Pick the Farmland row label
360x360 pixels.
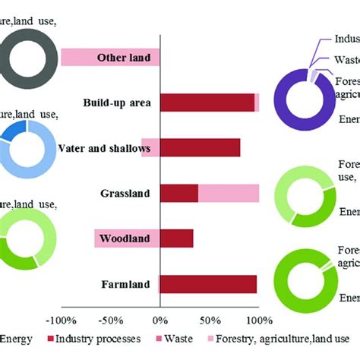(x=127, y=285)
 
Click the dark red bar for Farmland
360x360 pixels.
(x=208, y=285)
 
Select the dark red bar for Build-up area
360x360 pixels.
(x=207, y=103)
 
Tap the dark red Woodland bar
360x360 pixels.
(x=176, y=239)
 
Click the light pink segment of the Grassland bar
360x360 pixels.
(x=228, y=194)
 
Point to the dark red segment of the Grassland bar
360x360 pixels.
(x=179, y=194)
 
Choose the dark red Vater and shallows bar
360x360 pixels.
(x=200, y=148)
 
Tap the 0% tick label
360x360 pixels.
(x=160, y=320)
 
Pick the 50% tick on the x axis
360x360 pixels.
(x=210, y=320)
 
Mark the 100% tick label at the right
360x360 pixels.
(x=258, y=320)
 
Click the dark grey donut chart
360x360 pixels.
(x=28, y=57)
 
